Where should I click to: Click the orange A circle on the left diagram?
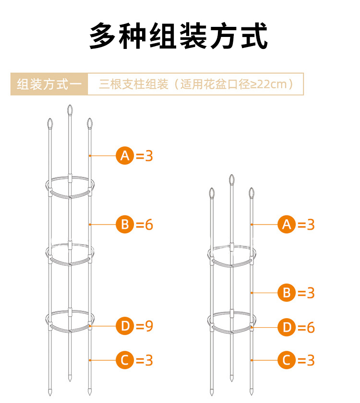(125, 155)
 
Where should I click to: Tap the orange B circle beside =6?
(125, 225)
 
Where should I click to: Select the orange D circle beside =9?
(125, 326)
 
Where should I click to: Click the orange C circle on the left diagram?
(125, 360)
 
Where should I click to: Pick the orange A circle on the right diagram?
(287, 225)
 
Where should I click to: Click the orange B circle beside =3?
(287, 293)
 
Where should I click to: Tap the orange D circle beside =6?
(287, 327)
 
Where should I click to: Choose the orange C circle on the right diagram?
(287, 360)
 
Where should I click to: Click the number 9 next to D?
(149, 326)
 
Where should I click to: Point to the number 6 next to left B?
(149, 225)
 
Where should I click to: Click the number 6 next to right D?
(311, 327)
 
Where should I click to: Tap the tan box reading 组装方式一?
(49, 84)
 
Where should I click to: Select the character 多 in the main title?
(102, 36)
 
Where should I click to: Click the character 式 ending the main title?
(254, 36)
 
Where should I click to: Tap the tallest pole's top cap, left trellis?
(70, 110)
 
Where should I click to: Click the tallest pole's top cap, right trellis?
(232, 180)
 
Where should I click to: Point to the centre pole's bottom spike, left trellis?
(70, 378)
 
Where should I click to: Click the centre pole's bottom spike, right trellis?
(232, 378)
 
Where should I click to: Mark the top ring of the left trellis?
(70, 187)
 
